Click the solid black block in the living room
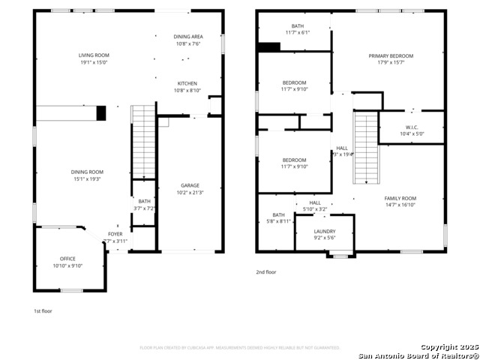(101, 113)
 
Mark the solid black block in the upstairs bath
(268, 46)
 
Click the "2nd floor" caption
(266, 272)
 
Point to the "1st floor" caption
(43, 310)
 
